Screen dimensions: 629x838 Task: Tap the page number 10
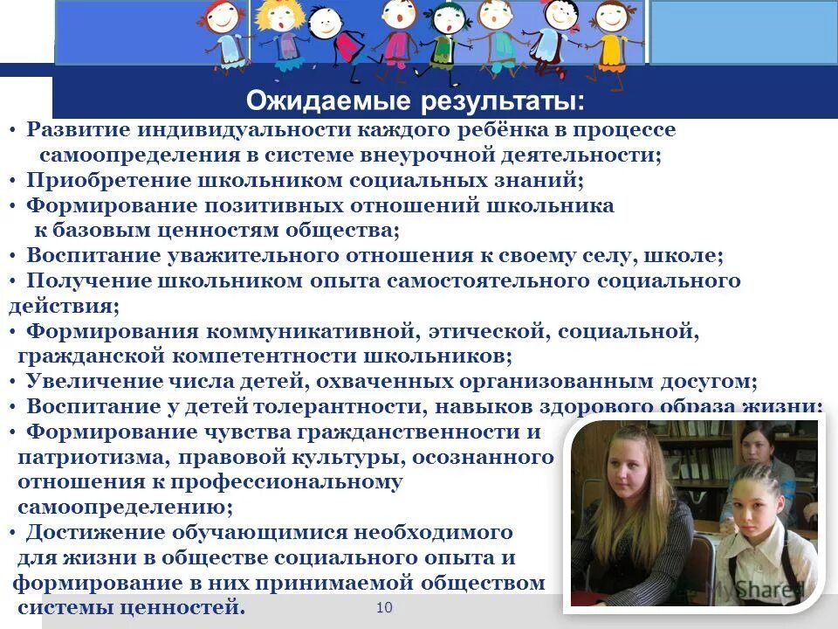click(x=384, y=607)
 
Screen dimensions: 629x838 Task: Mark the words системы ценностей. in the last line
click(x=132, y=607)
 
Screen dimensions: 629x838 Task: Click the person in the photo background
click(x=756, y=450)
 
